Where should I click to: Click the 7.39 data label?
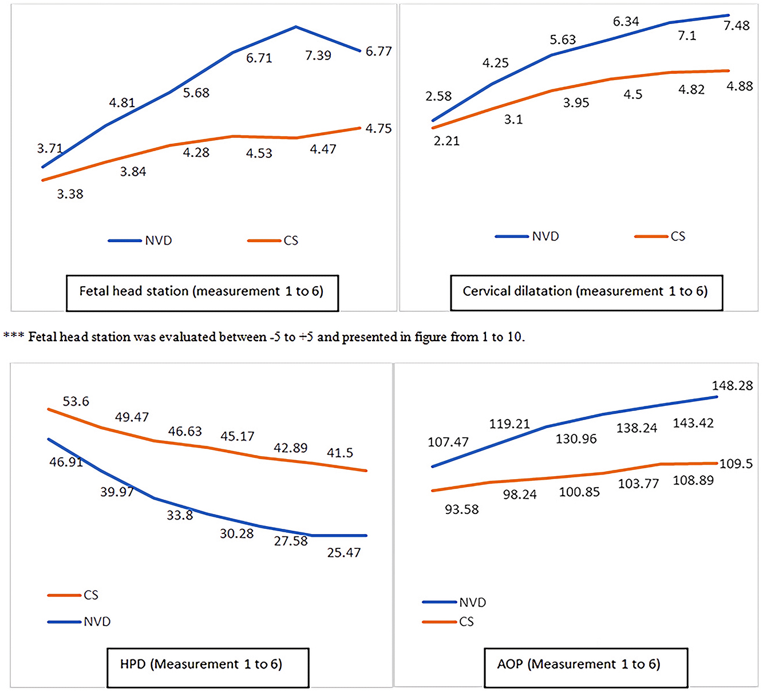(318, 56)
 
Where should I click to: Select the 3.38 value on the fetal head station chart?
(70, 194)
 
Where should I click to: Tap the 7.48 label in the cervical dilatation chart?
(736, 26)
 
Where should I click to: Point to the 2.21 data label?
(446, 141)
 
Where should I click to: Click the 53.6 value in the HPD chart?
(76, 401)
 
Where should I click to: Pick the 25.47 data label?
(344, 552)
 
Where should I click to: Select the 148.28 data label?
(732, 386)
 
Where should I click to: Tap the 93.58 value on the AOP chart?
(461, 509)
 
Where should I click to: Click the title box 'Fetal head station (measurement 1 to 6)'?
(201, 291)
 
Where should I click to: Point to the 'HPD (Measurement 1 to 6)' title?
(201, 665)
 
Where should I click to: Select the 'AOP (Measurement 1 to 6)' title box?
(579, 665)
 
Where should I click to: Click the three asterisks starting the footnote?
(13, 336)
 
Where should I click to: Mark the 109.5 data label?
(736, 464)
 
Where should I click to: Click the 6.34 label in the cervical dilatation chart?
(626, 22)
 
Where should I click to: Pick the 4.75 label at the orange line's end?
(378, 129)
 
